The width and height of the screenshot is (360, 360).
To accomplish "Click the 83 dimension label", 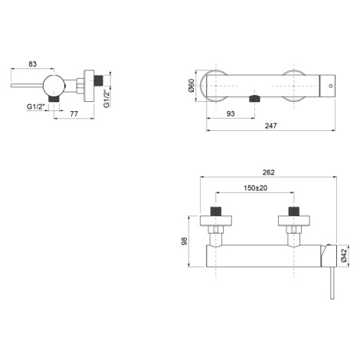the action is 32,64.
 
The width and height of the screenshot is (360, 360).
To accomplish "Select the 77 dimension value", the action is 74,113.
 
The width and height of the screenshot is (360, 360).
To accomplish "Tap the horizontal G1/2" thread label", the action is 36,106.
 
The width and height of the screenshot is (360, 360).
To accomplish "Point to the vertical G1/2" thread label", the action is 106,97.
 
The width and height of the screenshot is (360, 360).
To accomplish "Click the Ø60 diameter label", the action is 191,86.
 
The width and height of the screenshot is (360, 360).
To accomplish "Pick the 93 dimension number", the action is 231,113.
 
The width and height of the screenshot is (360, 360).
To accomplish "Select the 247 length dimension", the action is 270,126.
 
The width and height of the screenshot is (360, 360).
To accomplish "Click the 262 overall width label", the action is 269,172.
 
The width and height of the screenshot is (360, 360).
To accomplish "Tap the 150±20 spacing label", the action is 255,188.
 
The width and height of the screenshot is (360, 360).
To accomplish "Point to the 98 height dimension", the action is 184,241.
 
